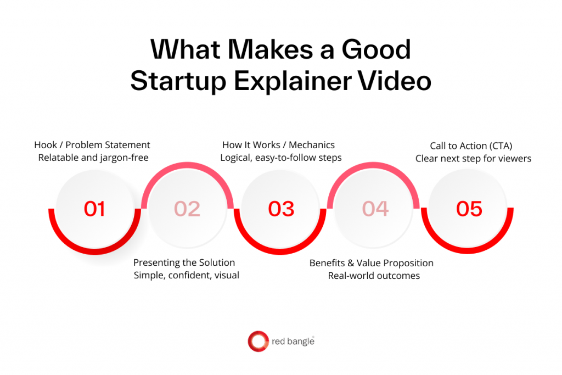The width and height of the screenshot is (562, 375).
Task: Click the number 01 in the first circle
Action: pos(94,209)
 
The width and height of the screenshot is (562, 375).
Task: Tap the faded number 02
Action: pos(187,209)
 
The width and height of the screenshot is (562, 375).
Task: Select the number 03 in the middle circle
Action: pos(281,209)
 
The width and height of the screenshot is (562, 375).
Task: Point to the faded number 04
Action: pos(375,209)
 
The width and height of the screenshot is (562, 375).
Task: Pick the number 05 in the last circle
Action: pos(469,209)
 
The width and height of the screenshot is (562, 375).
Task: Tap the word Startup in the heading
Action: pos(178,81)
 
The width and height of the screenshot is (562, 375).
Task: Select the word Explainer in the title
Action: pos(293,81)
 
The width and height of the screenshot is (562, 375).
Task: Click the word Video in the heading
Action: pos(395,81)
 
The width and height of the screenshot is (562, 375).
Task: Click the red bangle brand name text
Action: pos(293,341)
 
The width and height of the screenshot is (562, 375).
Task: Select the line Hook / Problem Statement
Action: pos(92,145)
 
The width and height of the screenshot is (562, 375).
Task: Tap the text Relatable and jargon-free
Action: pos(93,158)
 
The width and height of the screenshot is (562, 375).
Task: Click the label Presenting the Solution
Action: pos(184,262)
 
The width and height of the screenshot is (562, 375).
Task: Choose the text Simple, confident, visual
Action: pos(187,275)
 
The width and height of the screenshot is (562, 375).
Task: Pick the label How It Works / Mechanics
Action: pos(278,145)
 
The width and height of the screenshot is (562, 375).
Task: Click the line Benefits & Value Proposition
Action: pos(372,263)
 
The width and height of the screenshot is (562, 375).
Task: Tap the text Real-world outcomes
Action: pos(374,276)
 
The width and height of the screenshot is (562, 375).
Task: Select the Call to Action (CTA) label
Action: pos(471,146)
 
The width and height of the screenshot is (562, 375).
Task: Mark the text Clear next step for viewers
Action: pos(473,159)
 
